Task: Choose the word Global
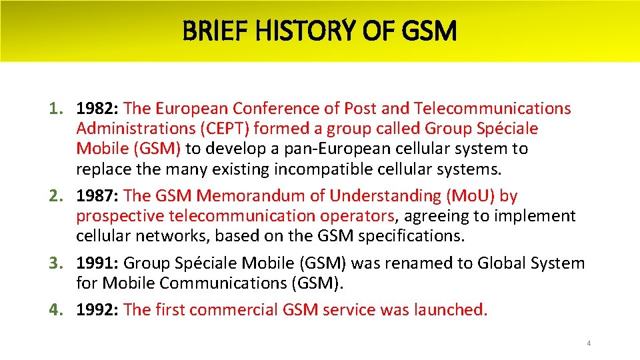[x=501, y=263]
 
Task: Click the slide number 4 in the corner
[x=589, y=343]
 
